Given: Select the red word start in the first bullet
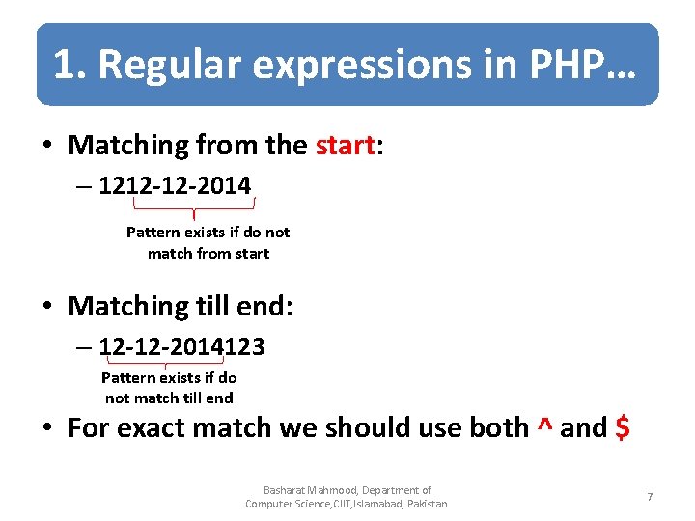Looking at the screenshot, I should tap(344, 146).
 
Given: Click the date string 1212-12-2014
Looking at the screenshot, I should tap(175, 184).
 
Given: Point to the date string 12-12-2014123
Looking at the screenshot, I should tap(181, 345).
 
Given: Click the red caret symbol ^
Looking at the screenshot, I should tap(544, 426).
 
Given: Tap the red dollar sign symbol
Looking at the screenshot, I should tap(623, 427).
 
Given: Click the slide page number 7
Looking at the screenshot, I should tap(650, 497).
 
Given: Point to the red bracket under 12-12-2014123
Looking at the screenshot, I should tap(166, 362).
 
